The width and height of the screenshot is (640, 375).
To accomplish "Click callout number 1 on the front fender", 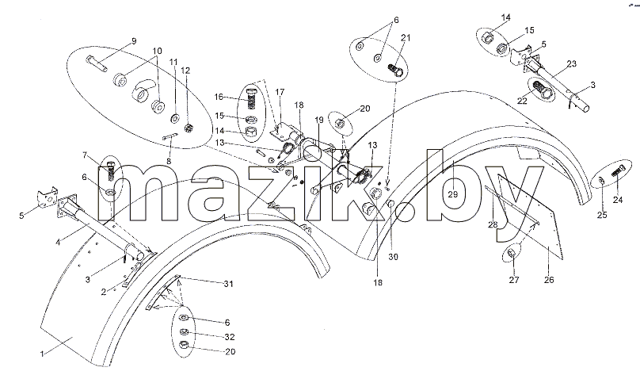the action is tap(42, 354).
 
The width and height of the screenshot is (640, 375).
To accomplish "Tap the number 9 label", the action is tap(134, 41).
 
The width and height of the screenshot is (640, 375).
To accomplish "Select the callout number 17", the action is tap(280, 92).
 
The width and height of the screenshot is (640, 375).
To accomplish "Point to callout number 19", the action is tap(319, 120).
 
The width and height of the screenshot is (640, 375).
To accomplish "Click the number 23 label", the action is tap(571, 63).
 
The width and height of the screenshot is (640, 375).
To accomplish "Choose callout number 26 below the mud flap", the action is tap(550, 280).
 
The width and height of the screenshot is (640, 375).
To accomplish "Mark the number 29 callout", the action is tap(453, 194).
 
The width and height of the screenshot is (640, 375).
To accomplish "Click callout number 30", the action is tap(393, 257).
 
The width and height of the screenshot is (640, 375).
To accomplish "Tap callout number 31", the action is tap(228, 284).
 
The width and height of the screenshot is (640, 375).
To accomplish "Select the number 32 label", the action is tap(230, 337).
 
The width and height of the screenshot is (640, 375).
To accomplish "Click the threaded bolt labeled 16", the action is tap(252, 98).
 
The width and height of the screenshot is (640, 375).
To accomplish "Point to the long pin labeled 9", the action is tap(97, 63).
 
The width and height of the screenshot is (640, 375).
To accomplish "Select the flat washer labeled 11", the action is tap(176, 119).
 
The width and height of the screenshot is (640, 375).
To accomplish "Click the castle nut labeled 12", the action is tap(189, 128).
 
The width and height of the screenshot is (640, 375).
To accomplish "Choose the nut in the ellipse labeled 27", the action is tap(512, 254).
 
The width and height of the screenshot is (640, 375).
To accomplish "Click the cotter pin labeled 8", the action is tap(170, 137).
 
